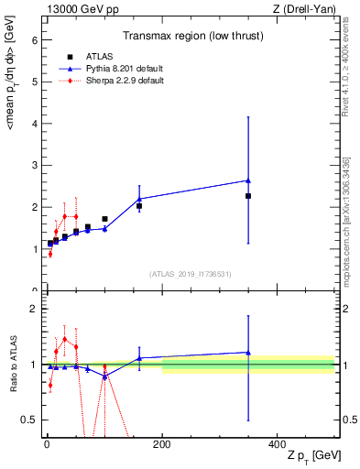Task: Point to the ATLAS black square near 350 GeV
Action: [x=248, y=196]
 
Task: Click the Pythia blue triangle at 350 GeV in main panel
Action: [x=248, y=180]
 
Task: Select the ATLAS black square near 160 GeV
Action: [x=139, y=206]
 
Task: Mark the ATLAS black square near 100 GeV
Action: [x=104, y=219]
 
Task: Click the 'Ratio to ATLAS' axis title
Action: [x=13, y=365]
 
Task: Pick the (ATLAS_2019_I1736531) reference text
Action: [x=191, y=274]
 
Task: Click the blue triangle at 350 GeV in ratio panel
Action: [x=248, y=352]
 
